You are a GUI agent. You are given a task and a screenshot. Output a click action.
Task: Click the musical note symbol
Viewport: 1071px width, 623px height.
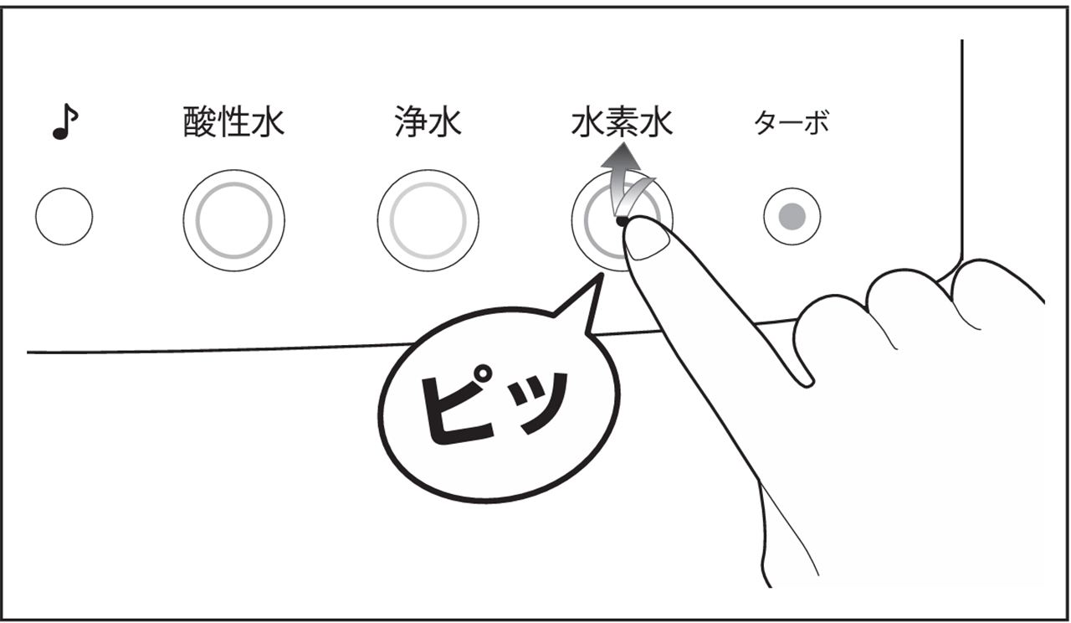pos(64,121)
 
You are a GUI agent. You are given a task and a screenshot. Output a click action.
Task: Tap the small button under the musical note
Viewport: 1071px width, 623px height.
pos(64,216)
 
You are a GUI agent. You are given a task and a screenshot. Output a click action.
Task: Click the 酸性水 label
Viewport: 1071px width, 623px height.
pos(233,122)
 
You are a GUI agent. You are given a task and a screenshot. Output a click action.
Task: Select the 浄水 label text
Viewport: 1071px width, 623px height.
pos(428,122)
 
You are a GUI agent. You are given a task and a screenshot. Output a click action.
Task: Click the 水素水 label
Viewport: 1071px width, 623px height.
pos(622,122)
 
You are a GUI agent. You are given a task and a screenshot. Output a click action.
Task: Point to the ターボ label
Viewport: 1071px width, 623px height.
pos(792,122)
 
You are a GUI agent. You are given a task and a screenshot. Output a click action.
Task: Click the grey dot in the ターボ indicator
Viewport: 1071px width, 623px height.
pos(792,216)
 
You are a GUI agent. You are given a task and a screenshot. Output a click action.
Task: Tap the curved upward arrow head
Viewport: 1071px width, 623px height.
pos(621,158)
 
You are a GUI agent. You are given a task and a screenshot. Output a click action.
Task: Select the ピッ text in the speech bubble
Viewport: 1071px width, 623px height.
pos(495,406)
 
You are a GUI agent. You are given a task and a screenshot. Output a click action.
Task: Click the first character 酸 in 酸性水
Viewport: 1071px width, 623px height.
pos(200,122)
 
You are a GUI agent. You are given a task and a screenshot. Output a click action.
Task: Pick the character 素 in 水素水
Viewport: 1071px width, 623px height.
pos(622,122)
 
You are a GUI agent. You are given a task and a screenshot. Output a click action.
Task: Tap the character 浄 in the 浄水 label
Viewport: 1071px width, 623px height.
pos(411,122)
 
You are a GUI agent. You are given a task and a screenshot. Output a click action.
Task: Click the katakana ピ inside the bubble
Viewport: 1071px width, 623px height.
pos(459,406)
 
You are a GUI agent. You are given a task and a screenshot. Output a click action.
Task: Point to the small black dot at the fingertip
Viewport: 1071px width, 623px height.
pos(621,220)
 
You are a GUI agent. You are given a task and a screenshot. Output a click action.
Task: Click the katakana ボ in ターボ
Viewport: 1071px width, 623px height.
pos(816,122)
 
